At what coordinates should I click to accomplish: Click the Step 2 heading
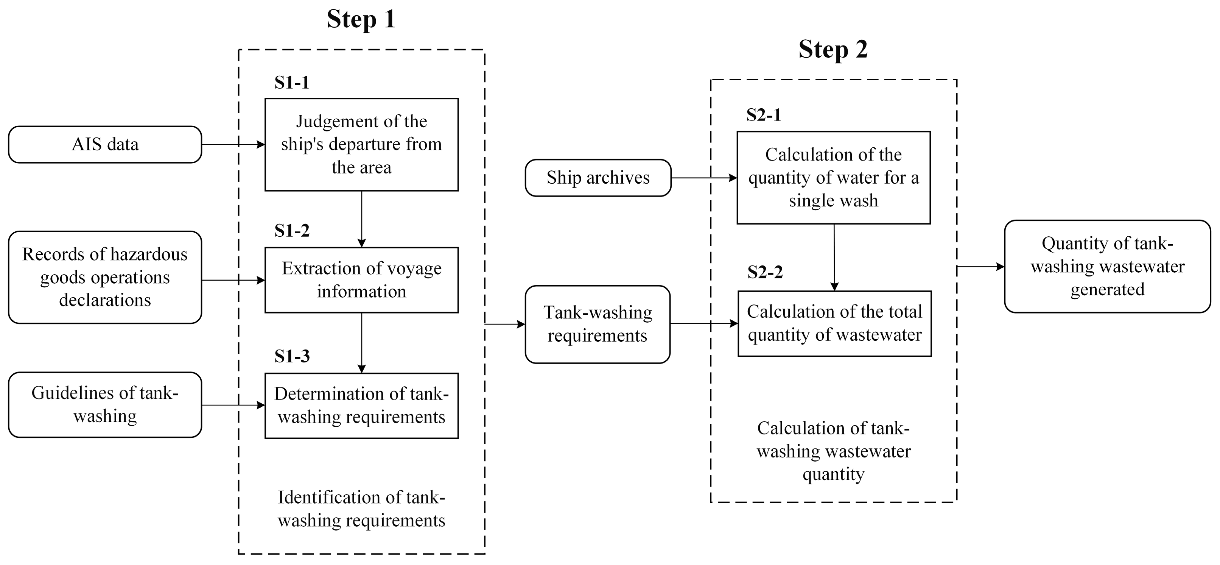click(833, 50)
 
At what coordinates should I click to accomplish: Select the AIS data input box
click(105, 145)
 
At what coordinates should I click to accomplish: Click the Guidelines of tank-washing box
click(105, 404)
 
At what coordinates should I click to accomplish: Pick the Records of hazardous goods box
click(105, 277)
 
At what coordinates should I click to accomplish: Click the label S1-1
click(292, 83)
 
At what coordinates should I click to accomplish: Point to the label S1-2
click(292, 231)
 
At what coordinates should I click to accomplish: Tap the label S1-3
click(292, 356)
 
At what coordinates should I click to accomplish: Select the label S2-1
click(764, 115)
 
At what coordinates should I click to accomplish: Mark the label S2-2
click(765, 272)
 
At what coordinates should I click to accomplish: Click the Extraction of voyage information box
click(361, 279)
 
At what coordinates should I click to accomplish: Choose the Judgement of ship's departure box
click(361, 145)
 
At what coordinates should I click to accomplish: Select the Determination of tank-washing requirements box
click(361, 405)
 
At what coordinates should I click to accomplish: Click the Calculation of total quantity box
click(834, 323)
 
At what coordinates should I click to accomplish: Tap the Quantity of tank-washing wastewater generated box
click(1107, 266)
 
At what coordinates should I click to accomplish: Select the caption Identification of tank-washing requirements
click(361, 509)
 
